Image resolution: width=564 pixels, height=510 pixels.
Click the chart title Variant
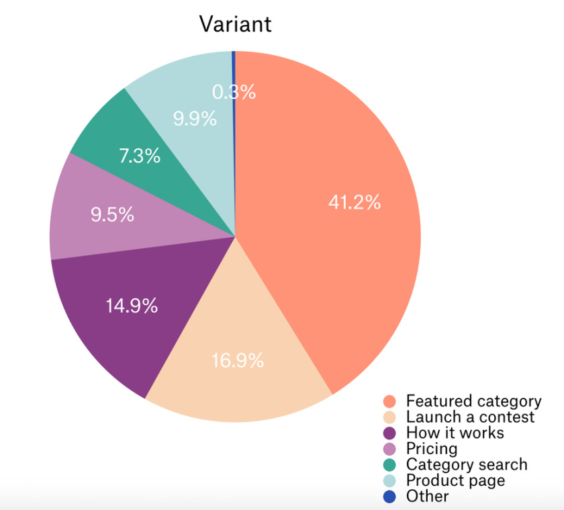click(x=235, y=24)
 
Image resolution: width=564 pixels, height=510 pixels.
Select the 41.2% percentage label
click(x=355, y=202)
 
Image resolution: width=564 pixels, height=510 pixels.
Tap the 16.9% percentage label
click(x=238, y=360)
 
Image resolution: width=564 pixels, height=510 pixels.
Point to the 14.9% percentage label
click(x=132, y=306)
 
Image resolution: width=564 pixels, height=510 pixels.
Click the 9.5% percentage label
click(x=112, y=214)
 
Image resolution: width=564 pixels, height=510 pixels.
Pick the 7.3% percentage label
click(x=140, y=156)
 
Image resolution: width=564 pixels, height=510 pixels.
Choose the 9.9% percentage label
click(x=195, y=118)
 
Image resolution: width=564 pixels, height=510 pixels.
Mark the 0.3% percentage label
click(x=234, y=92)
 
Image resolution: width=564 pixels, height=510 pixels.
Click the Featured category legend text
click(x=474, y=401)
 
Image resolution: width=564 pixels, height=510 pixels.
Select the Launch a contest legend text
click(x=470, y=417)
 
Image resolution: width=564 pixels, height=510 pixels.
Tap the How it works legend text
click(x=455, y=433)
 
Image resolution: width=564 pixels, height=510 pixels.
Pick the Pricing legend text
click(x=432, y=449)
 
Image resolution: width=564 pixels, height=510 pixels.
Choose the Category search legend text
click(x=467, y=465)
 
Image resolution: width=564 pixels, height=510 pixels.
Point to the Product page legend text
click(x=456, y=480)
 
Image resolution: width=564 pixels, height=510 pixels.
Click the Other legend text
click(x=427, y=496)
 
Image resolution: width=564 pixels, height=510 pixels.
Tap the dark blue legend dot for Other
click(x=389, y=497)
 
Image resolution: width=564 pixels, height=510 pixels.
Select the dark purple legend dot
click(x=389, y=433)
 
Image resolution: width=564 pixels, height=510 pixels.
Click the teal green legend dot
click(x=389, y=465)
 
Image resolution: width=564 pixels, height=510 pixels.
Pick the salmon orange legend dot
click(x=389, y=401)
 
